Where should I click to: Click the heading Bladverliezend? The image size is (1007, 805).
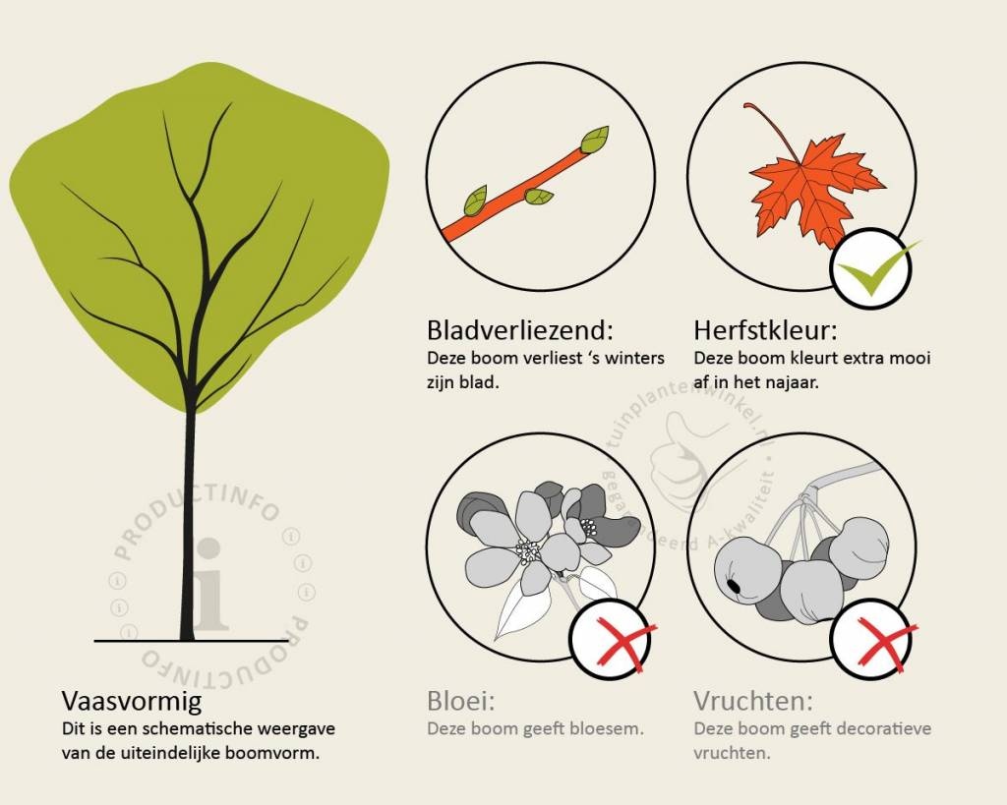(520, 330)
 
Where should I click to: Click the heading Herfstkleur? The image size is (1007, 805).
(765, 330)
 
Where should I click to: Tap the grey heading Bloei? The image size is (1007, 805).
(461, 701)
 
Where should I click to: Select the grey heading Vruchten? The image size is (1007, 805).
(752, 701)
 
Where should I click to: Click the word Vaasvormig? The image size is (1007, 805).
(132, 701)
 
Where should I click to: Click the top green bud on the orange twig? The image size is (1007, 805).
(595, 140)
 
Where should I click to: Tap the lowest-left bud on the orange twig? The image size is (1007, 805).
(476, 201)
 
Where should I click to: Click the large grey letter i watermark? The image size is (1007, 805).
(209, 584)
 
